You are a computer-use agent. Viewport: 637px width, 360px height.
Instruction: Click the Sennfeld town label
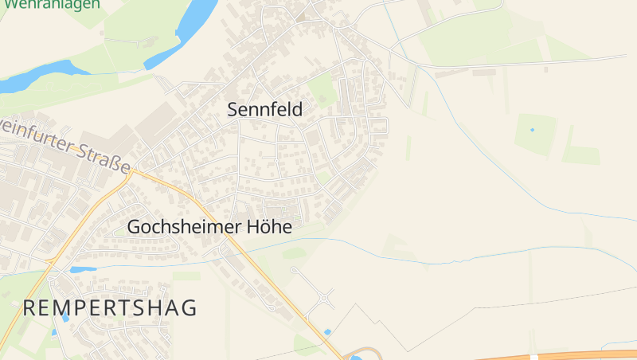pos(265,110)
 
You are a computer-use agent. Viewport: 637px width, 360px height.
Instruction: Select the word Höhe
pos(269,227)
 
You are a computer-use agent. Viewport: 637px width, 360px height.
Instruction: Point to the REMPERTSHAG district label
pos(110,308)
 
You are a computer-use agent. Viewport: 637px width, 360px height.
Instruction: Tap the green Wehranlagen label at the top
pos(52,4)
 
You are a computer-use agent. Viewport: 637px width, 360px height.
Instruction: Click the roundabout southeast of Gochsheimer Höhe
pos(325,299)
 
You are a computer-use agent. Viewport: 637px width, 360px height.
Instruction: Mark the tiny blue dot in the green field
pos(532,130)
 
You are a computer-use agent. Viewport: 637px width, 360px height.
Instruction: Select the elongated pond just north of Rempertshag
pos(82,270)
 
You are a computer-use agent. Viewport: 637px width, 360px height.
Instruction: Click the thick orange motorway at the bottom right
pos(557,354)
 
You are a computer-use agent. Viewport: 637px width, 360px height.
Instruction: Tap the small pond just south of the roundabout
pos(327,331)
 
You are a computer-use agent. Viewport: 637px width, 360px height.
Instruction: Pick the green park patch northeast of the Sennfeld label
pos(322,89)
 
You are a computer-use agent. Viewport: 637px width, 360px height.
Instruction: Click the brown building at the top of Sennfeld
pos(301,16)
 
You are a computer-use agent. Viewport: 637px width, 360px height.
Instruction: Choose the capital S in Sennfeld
pos(234,110)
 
